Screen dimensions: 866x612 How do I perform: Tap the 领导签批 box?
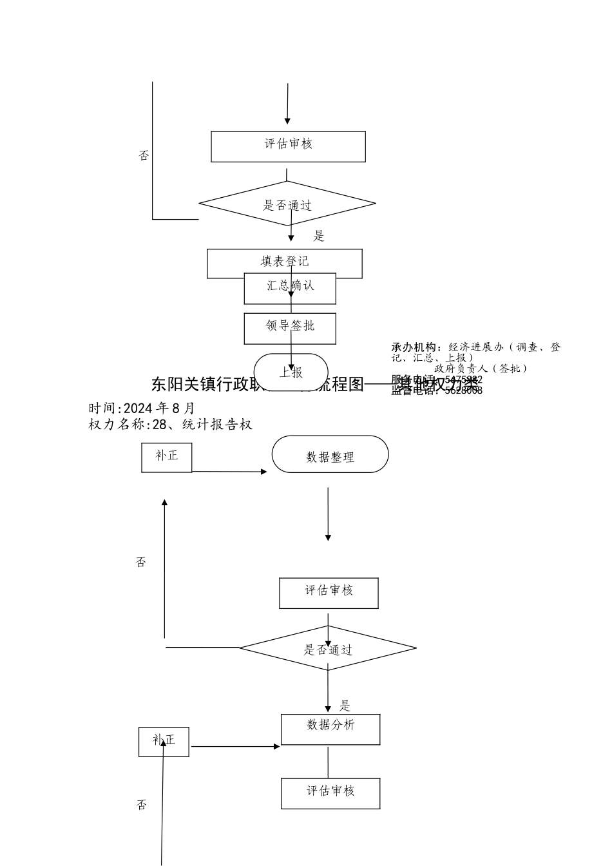point(290,328)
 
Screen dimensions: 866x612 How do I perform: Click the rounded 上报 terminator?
point(291,372)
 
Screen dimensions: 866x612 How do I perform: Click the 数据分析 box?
point(330,729)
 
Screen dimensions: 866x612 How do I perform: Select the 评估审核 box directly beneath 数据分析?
point(330,793)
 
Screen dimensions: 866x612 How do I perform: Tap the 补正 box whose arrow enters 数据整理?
point(166,457)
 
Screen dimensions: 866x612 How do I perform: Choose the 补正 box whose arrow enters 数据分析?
point(164,742)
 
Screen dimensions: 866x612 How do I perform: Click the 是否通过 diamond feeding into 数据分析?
point(328,648)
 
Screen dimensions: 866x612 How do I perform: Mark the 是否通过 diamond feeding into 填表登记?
point(287,204)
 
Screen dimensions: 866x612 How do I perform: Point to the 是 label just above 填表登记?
point(319,236)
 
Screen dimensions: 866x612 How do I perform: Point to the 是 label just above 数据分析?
point(345,706)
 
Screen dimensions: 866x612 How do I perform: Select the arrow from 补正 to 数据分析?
point(234,747)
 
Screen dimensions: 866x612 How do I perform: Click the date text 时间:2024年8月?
point(142,409)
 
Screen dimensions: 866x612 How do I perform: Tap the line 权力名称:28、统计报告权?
point(170,425)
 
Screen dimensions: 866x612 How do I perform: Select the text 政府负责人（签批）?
point(481,369)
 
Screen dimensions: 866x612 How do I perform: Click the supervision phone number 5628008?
point(463,390)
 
